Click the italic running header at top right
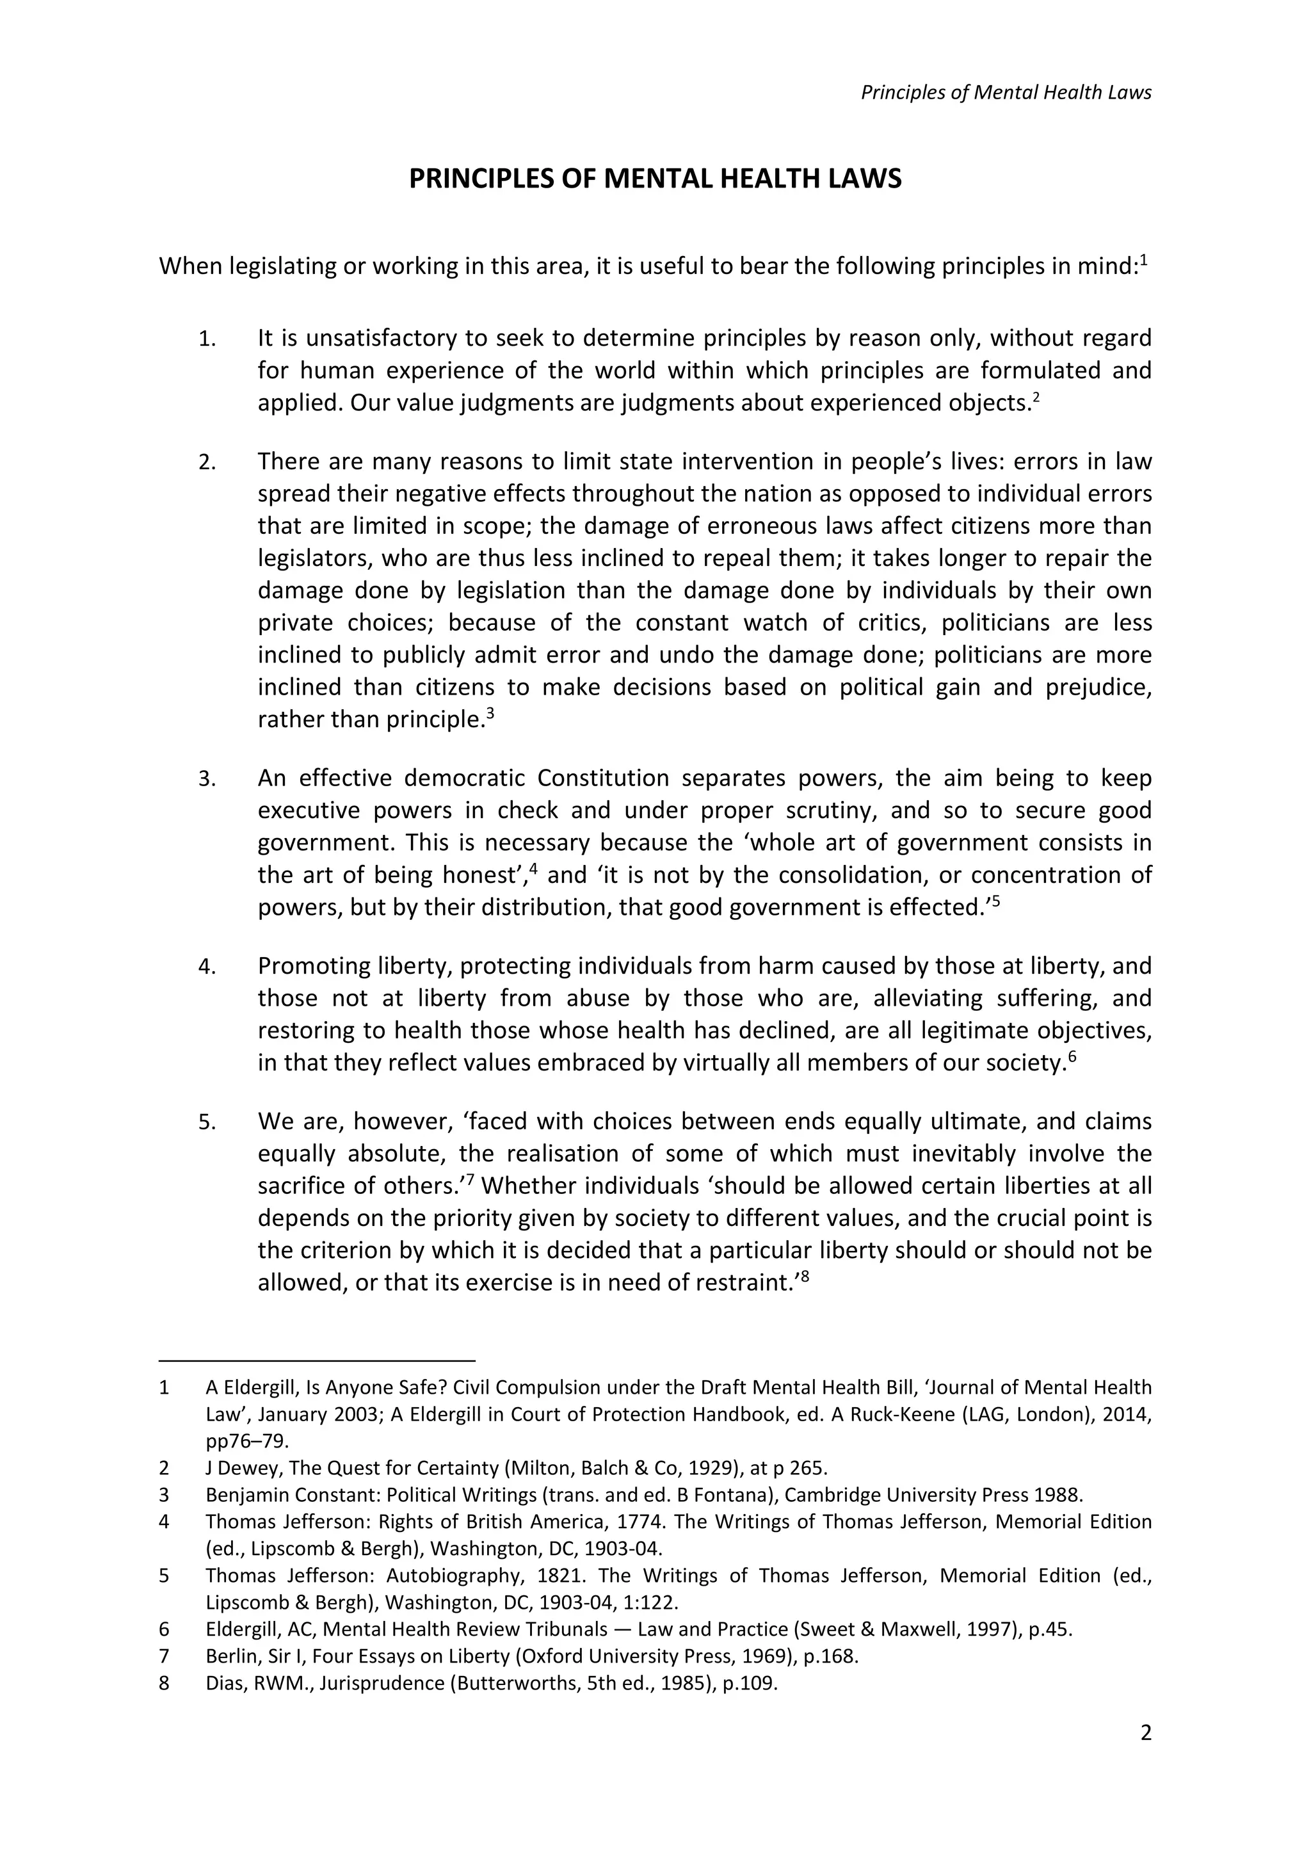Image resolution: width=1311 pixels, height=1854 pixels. tap(1005, 92)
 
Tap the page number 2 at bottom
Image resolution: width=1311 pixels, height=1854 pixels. tap(1145, 1733)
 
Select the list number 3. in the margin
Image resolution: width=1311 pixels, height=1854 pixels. tap(207, 779)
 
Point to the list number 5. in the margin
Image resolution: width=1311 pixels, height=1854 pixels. tap(207, 1122)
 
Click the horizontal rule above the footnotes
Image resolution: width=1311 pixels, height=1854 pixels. tap(318, 1360)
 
